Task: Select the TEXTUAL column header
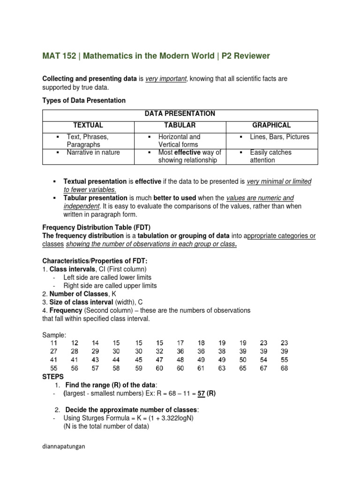(x=88, y=126)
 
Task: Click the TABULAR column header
(x=180, y=126)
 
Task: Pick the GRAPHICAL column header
(x=271, y=126)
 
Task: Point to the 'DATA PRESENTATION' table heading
(x=180, y=114)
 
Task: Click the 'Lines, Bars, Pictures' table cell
(x=280, y=137)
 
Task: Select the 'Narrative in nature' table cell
(x=93, y=152)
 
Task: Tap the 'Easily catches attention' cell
(x=270, y=156)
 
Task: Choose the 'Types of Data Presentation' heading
(x=84, y=101)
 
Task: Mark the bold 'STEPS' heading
(x=53, y=376)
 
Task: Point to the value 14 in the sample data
(x=96, y=343)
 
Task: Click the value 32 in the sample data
(x=159, y=352)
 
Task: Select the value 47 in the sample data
(x=159, y=360)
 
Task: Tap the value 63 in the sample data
(x=222, y=368)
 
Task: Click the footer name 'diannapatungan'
(x=64, y=447)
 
